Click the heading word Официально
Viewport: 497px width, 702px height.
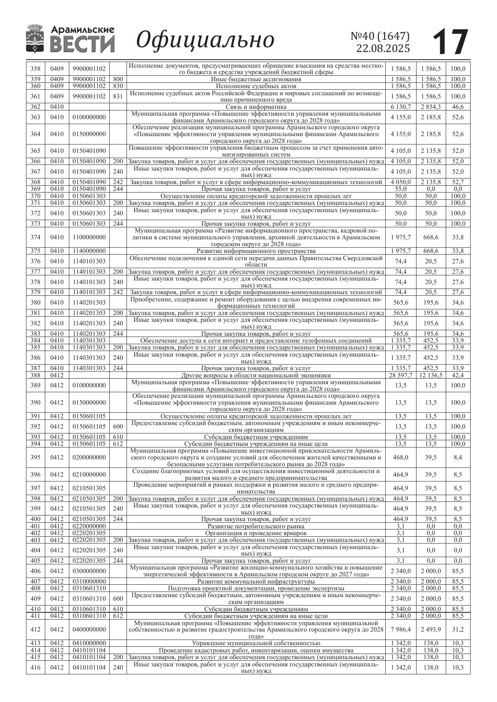(205, 40)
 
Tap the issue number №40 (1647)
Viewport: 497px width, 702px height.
(380, 36)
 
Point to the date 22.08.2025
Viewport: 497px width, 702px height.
(383, 48)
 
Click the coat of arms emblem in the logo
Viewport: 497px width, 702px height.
(35, 38)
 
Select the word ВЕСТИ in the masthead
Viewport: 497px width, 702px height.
(82, 44)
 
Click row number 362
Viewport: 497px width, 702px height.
(35, 107)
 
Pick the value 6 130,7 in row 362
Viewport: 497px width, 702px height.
(400, 107)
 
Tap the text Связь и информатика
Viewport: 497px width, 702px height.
(256, 107)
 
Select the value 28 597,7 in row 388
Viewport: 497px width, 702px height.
(400, 375)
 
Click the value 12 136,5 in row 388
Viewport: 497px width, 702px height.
(431, 375)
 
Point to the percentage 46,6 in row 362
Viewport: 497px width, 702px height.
(458, 107)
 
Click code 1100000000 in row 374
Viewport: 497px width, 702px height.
(89, 237)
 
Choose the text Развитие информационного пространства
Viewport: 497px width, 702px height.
(256, 251)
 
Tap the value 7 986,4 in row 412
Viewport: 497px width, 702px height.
(400, 630)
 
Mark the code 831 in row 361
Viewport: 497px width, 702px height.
(118, 96)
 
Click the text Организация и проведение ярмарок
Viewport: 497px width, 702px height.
(256, 533)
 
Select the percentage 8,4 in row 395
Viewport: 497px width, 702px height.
(458, 457)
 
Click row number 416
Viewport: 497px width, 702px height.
(35, 668)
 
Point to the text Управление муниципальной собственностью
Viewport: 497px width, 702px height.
(256, 644)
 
